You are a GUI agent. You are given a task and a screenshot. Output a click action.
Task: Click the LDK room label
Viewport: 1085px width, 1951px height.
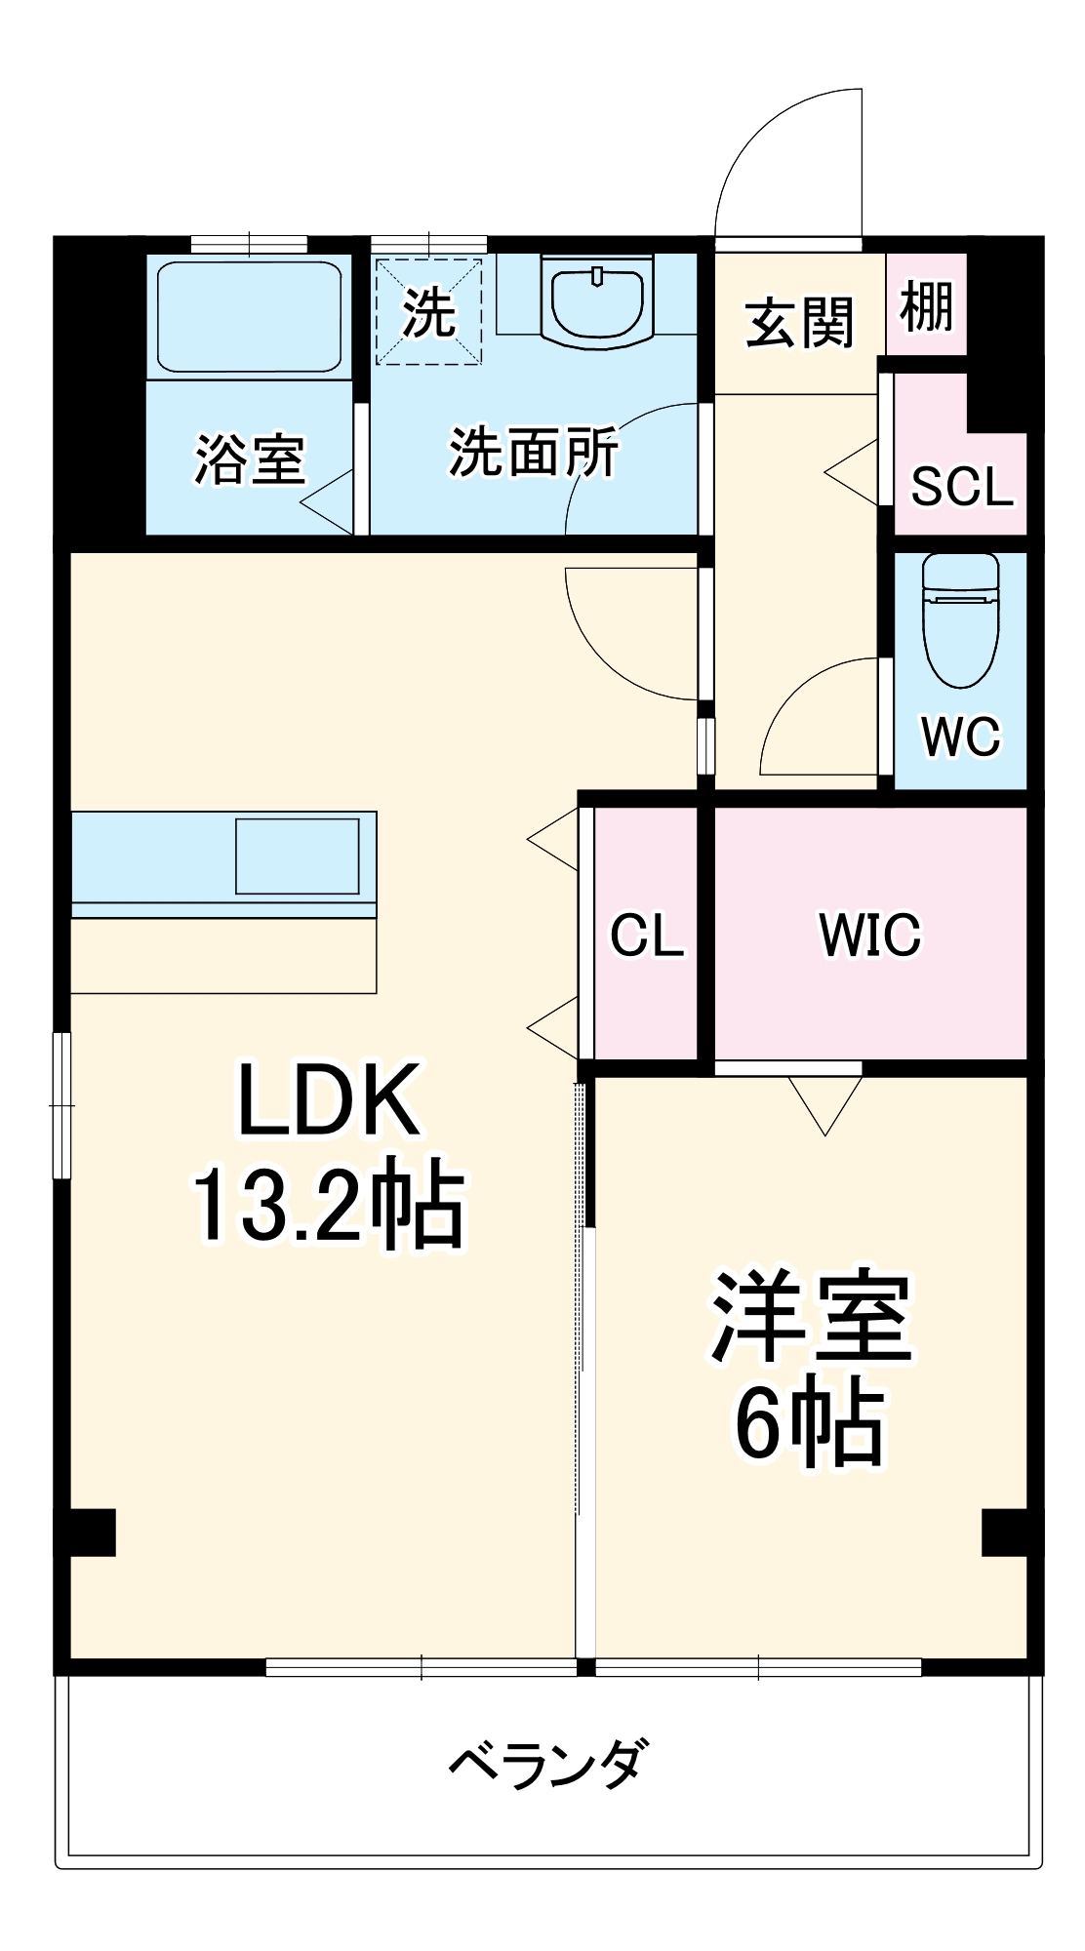(x=330, y=1100)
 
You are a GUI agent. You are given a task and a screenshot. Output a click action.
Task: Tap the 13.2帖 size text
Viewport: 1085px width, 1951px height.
(x=329, y=1206)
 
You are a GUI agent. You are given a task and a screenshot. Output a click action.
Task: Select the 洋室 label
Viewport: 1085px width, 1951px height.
(x=811, y=1317)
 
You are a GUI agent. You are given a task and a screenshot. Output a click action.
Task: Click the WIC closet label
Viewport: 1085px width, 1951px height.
(x=870, y=935)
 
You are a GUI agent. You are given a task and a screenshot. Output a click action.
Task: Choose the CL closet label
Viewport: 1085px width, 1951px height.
(x=646, y=935)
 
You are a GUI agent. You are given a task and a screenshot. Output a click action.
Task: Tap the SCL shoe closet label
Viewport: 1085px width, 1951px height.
(x=961, y=486)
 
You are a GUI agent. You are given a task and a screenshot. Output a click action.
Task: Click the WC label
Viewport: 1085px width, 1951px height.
(x=960, y=736)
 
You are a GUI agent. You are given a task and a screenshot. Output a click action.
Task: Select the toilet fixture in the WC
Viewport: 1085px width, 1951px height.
(x=960, y=618)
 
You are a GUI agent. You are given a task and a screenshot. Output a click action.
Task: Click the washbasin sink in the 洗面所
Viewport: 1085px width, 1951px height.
(x=598, y=300)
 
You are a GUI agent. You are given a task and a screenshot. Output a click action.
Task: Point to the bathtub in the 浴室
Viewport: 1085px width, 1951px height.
(x=250, y=316)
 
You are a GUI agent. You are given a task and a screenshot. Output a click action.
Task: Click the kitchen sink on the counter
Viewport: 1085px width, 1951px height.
(x=298, y=856)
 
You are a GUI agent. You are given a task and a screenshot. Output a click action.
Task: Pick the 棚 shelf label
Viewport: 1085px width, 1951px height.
(x=926, y=305)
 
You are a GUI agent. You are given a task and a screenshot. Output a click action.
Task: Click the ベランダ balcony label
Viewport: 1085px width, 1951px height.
(x=546, y=1763)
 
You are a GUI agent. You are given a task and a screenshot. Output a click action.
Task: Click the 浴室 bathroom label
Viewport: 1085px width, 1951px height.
(x=250, y=458)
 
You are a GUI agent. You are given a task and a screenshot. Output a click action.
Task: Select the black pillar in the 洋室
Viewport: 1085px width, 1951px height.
(x=1004, y=1533)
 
